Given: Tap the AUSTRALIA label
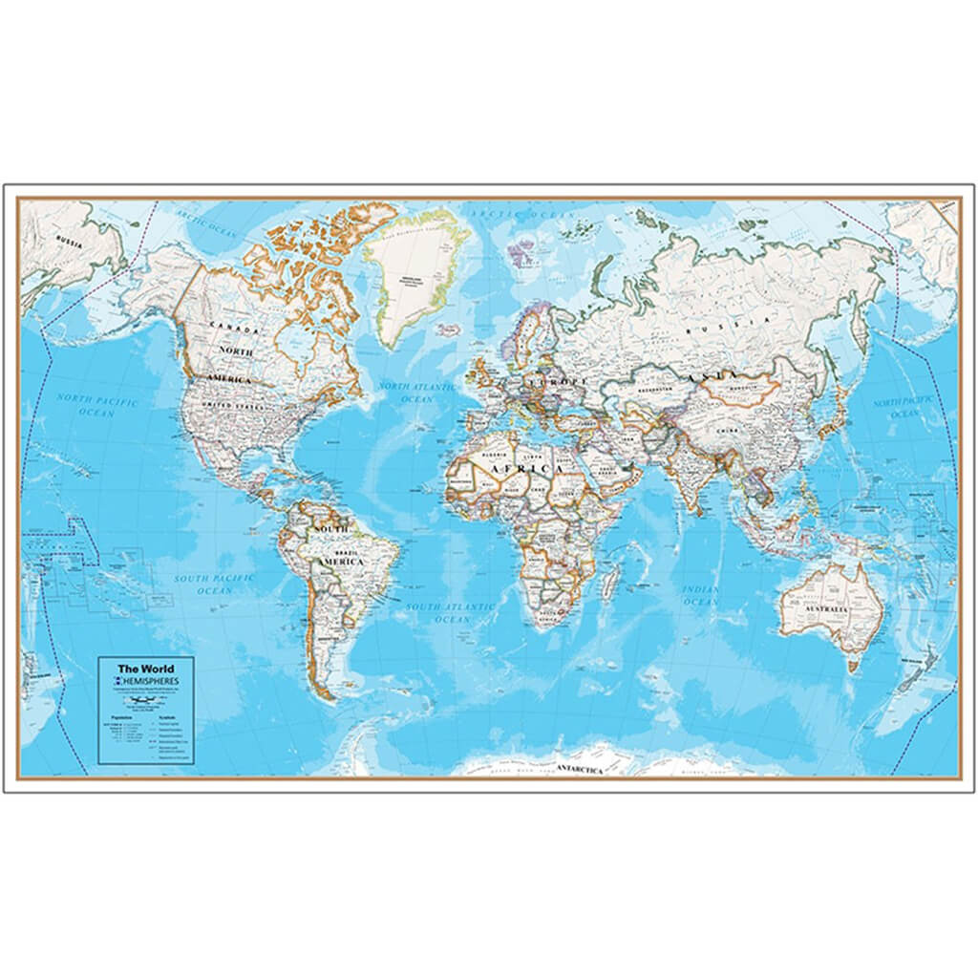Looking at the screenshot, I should [827, 608].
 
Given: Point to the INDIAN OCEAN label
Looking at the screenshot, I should [700, 596].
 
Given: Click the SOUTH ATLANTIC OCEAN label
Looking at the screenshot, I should [452, 612].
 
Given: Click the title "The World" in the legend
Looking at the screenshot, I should [138, 669].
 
